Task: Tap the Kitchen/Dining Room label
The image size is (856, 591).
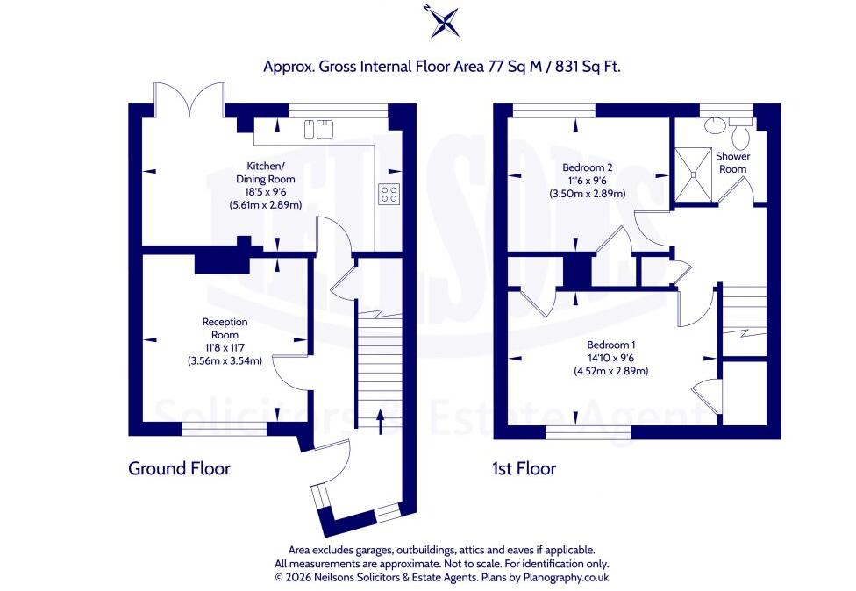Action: [266, 173]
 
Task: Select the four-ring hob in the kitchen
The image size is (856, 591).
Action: [389, 194]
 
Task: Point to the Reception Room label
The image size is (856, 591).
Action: [225, 329]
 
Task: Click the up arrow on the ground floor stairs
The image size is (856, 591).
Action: [380, 423]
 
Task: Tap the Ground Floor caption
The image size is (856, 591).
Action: [179, 468]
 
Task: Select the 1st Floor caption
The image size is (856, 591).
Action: [524, 468]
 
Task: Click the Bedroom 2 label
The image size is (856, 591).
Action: [588, 167]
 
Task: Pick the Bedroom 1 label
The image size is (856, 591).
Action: [611, 345]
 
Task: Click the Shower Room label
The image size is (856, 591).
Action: [732, 162]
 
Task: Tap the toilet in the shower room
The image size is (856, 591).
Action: [740, 133]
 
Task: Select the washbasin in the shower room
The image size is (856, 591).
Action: [712, 125]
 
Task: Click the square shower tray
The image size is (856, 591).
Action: [694, 174]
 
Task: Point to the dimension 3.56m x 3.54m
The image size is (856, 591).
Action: [225, 360]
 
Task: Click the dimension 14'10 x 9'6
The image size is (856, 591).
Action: [611, 358]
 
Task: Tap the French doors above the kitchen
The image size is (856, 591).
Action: [189, 99]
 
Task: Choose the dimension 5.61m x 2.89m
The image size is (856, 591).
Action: [266, 205]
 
